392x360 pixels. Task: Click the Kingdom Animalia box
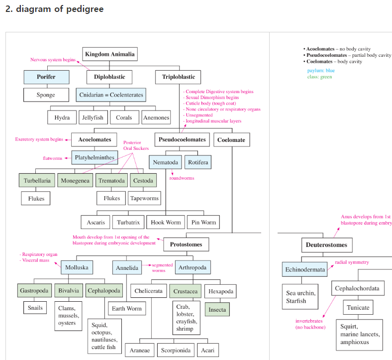[x=110, y=54]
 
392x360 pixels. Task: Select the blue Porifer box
[x=46, y=77]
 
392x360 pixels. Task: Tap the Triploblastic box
[x=178, y=77]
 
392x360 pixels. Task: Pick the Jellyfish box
[x=93, y=118]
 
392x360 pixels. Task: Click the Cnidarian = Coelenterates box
[x=111, y=95]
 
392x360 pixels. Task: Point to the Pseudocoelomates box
[x=182, y=139]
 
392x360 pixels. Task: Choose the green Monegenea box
[x=75, y=180]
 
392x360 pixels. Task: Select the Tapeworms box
[x=144, y=198]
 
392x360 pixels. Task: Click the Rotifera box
[x=198, y=162]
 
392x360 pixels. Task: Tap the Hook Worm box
[x=166, y=222]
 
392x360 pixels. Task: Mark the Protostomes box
[x=186, y=244]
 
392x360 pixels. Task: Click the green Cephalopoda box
[x=104, y=290]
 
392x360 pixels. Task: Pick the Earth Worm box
[x=127, y=308]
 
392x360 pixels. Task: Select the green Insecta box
[x=217, y=310]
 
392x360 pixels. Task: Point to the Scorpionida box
[x=176, y=350]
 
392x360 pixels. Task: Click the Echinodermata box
[x=305, y=269]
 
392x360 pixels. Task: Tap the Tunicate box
[x=358, y=307]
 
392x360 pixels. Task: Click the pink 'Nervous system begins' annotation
[x=53, y=60]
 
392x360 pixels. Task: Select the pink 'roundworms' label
[x=182, y=178]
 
